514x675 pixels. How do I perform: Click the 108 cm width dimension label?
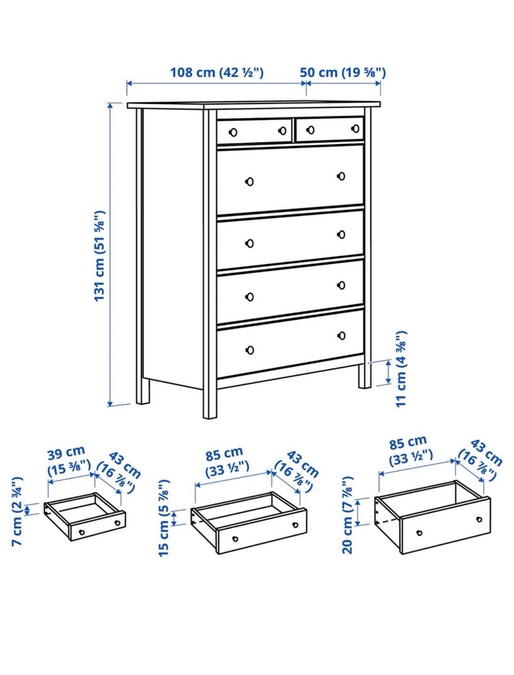point(217,73)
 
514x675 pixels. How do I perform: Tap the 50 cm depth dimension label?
point(343,73)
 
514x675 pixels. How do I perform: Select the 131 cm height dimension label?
point(100,256)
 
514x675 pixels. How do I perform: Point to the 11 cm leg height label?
point(401,369)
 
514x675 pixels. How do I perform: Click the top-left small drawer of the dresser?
point(254,131)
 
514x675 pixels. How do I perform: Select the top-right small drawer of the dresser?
point(330,129)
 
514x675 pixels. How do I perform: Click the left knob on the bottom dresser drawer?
point(250,350)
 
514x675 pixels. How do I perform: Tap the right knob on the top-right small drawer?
point(356,128)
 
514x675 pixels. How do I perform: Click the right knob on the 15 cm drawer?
point(295,524)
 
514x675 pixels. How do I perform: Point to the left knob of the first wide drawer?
point(250,182)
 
